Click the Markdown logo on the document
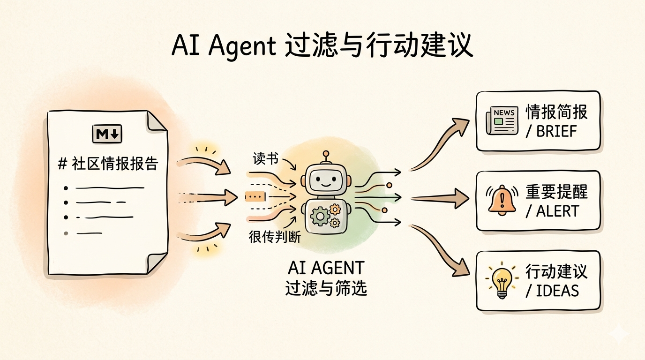(x=108, y=135)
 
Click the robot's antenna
(x=325, y=157)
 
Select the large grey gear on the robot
(x=320, y=216)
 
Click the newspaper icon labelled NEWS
(x=502, y=120)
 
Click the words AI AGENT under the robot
(x=326, y=268)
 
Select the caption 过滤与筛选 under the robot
(x=326, y=287)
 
